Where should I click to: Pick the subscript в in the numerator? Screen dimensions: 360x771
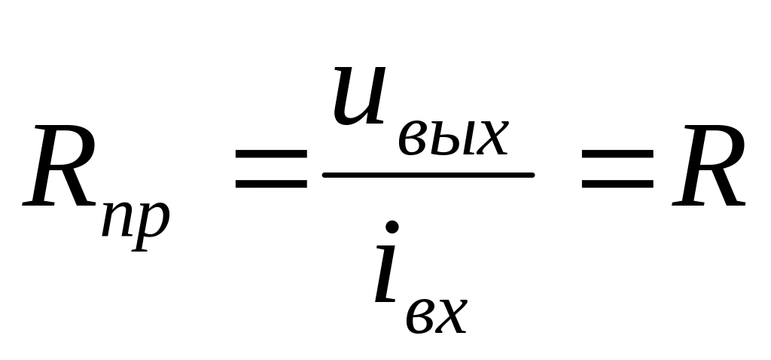tap(411, 140)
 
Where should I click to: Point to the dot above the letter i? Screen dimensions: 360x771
tap(393, 226)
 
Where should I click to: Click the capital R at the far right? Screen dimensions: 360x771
tap(708, 168)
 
